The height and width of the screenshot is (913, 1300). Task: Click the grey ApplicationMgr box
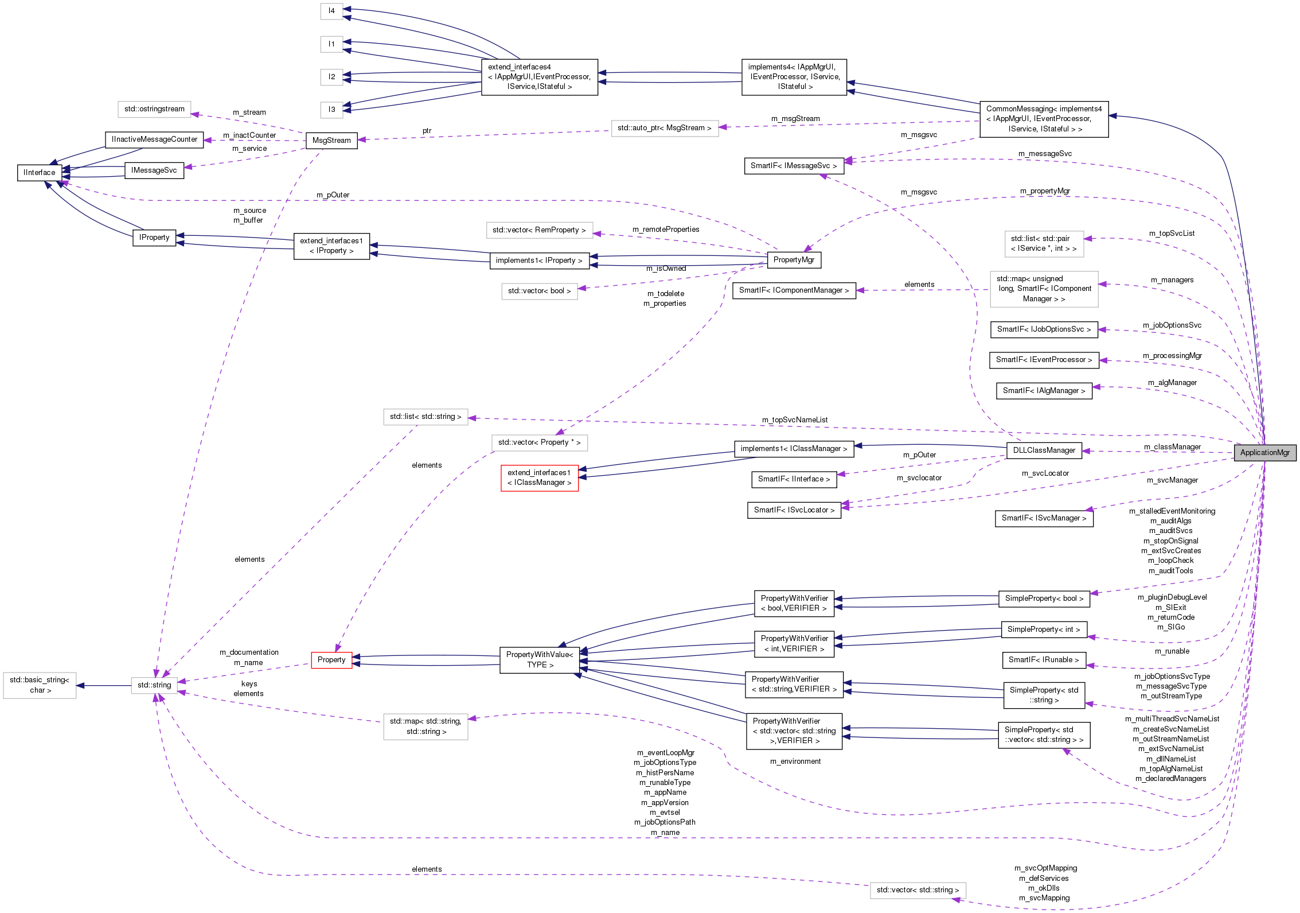tap(1264, 452)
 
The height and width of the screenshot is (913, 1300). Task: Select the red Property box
tap(331, 660)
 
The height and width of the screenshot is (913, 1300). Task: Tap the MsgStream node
tap(331, 140)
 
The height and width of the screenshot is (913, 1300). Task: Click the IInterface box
tap(40, 172)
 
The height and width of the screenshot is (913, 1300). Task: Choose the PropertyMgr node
tap(794, 259)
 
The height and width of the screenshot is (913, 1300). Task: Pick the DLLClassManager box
tap(1044, 450)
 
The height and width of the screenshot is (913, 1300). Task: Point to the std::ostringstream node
tap(154, 109)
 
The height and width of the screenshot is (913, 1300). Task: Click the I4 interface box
tap(331, 11)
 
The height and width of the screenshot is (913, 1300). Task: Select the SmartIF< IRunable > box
tap(1044, 660)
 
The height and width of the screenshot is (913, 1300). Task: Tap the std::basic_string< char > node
tap(40, 685)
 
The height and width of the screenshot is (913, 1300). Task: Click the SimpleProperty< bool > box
tap(1044, 598)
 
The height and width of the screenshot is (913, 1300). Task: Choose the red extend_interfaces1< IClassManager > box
tap(539, 477)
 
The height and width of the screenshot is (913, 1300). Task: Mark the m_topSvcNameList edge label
tap(794, 420)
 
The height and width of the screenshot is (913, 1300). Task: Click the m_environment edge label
tap(795, 762)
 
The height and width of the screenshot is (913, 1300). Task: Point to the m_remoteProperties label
tap(666, 230)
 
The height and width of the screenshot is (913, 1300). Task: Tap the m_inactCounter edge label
tap(249, 135)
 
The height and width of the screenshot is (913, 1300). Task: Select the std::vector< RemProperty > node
tap(539, 230)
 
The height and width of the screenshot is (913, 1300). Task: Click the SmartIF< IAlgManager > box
tap(1044, 391)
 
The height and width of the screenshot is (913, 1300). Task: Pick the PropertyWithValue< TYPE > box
tap(539, 660)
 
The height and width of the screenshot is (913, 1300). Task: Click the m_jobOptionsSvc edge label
tap(1172, 325)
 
